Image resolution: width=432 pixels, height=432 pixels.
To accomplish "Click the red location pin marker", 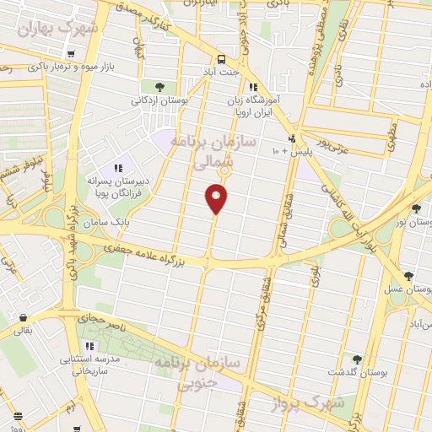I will pos(216,199).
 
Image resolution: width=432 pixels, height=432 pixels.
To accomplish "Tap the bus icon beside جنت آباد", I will pos(220,59).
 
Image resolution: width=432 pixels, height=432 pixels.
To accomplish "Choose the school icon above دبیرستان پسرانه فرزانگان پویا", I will pos(117,167).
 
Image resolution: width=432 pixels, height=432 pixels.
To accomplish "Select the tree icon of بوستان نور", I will pos(416,208).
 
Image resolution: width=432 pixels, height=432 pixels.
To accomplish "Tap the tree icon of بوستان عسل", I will pos(409,276).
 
